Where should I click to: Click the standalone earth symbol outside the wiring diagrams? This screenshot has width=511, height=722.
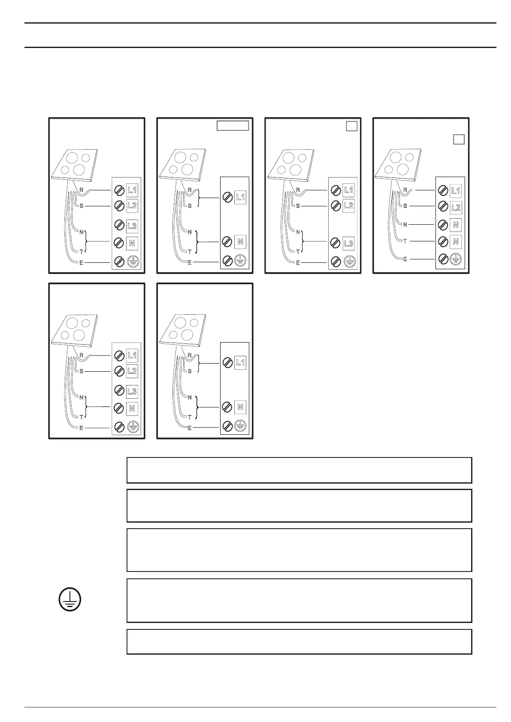click(70, 600)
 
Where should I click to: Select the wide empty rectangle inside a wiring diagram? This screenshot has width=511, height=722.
click(232, 126)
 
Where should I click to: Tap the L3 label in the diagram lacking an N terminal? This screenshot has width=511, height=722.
click(348, 244)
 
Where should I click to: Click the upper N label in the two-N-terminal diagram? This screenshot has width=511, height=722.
click(456, 225)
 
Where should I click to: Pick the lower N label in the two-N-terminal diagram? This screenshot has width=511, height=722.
click(456, 241)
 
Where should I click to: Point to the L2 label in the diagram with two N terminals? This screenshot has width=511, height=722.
click(456, 208)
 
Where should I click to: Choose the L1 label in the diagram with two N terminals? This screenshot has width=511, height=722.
click(456, 191)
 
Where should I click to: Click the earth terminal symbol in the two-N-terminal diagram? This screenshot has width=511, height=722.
click(456, 259)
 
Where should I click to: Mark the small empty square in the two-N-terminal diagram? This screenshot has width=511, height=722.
click(459, 139)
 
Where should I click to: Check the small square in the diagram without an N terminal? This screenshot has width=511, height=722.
click(352, 126)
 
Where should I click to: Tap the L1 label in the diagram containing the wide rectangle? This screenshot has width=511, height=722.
click(240, 197)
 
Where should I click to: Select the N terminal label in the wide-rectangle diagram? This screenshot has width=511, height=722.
click(240, 241)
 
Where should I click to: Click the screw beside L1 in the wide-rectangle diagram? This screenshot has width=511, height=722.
click(227, 198)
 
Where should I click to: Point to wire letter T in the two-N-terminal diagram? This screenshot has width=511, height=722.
click(405, 241)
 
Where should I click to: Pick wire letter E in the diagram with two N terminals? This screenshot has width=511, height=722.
click(405, 259)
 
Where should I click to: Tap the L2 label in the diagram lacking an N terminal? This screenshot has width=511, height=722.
click(348, 206)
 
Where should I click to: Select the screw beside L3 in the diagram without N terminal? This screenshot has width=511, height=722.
click(336, 244)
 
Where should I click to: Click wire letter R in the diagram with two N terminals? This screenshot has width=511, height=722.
click(405, 190)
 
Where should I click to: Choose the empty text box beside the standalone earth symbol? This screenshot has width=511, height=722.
click(299, 600)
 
